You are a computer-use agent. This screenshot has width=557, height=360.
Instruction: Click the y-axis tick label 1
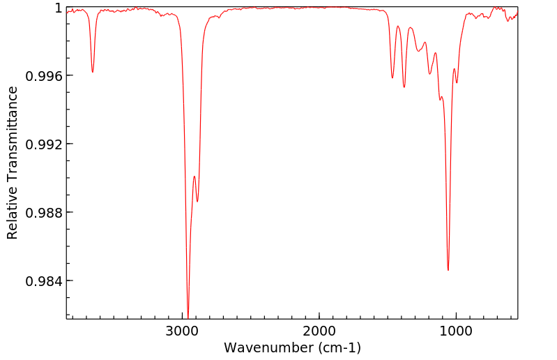59,8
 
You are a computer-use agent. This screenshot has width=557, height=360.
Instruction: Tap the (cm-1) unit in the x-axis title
337,347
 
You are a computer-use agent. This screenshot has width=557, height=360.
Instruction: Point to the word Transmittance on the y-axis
13,130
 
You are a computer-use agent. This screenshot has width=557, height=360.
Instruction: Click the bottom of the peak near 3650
93,72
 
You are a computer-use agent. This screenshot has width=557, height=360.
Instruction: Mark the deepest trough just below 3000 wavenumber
188,315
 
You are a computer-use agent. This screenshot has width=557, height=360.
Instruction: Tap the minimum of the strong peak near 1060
448,270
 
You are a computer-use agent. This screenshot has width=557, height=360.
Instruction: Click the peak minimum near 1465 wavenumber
392,77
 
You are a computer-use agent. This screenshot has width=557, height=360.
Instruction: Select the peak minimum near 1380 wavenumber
404,87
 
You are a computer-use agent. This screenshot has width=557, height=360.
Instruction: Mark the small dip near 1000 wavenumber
457,82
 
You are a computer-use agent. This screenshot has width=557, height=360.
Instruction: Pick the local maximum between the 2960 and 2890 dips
194,177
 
